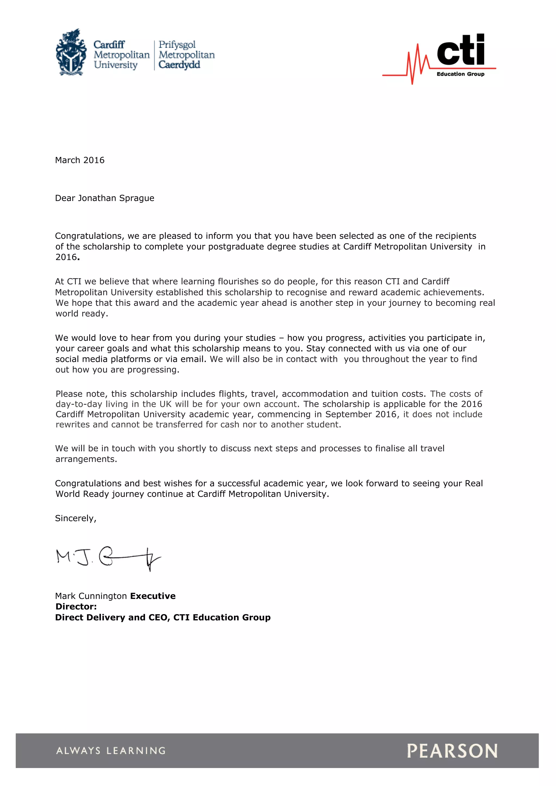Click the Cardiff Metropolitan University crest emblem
coord(71,52)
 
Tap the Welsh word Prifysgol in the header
coord(177,45)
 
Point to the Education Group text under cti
coord(460,74)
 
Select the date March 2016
coord(80,160)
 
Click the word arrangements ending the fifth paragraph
coord(86,459)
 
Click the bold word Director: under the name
coord(76,606)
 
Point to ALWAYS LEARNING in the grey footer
coord(111,750)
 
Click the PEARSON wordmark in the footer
coord(452,750)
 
